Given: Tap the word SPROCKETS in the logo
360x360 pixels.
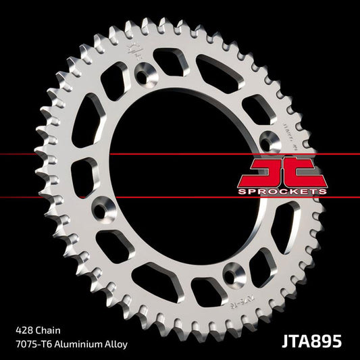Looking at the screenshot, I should point(283,192).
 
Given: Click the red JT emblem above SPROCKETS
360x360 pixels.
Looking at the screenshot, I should point(282,173).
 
